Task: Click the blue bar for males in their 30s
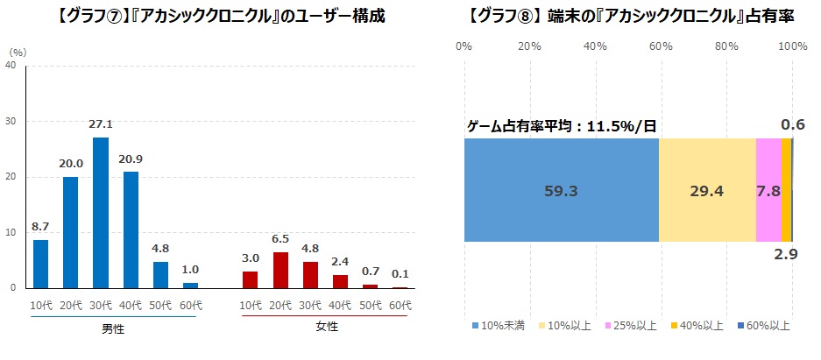pyautogui.click(x=101, y=213)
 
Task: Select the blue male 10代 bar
pyautogui.click(x=40, y=264)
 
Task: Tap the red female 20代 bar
pyautogui.click(x=280, y=270)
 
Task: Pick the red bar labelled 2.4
pyautogui.click(x=340, y=281)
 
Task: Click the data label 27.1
pyautogui.click(x=101, y=125)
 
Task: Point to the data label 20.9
pyautogui.click(x=131, y=159)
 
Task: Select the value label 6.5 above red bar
pyautogui.click(x=280, y=239)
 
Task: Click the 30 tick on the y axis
pyautogui.click(x=11, y=121)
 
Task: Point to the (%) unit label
pyautogui.click(x=18, y=52)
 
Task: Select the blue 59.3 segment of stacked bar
pyautogui.click(x=561, y=189)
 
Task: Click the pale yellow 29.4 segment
pyautogui.click(x=707, y=189)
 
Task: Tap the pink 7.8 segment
pyautogui.click(x=768, y=189)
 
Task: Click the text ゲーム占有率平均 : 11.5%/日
pyautogui.click(x=561, y=126)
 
